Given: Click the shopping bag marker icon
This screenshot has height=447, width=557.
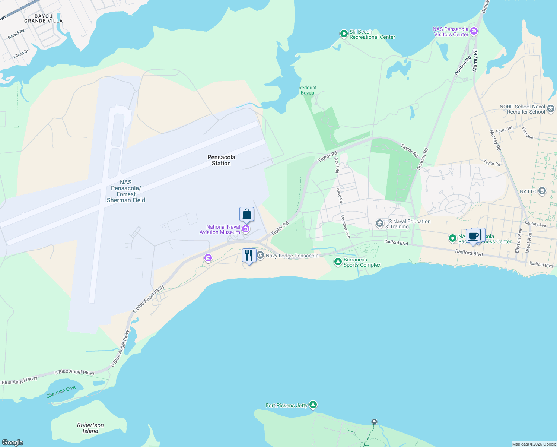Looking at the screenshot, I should tap(246, 215).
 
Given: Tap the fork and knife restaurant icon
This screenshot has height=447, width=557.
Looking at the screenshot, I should tap(249, 256).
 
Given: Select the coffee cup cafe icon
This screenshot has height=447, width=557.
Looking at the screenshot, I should tap(474, 236).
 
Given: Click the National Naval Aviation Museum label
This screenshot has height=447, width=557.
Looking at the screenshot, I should tap(223, 229).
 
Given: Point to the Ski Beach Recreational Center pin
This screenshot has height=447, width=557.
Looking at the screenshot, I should tap(344, 34).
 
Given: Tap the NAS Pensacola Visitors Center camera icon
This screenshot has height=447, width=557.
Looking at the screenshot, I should tap(474, 31).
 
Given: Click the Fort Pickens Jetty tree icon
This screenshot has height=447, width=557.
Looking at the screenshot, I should tap(313, 405).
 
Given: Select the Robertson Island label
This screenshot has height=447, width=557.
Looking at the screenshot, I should tap(90, 428).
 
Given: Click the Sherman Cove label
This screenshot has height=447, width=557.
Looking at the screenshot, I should tap(61, 391).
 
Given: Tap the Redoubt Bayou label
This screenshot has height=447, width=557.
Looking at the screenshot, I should tap(308, 90).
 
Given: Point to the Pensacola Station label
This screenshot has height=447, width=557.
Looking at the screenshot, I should tap(221, 160).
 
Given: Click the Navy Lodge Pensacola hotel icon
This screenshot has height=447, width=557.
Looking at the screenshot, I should tap(260, 255).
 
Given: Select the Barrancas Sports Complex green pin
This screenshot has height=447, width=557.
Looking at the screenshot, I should tap(338, 262).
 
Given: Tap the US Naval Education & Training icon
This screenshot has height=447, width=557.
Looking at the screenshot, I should tap(379, 223).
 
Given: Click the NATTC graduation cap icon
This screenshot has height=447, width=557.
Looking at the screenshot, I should tap(542, 191).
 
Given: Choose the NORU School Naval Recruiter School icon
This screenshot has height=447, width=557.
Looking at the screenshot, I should tap(551, 109).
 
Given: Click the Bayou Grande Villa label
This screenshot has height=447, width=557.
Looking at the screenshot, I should tap(44, 19).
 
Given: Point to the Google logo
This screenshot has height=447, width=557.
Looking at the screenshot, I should tap(13, 442).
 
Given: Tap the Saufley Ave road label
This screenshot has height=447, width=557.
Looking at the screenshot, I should tap(535, 224).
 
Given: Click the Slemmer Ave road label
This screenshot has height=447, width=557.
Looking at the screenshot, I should tap(345, 226).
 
